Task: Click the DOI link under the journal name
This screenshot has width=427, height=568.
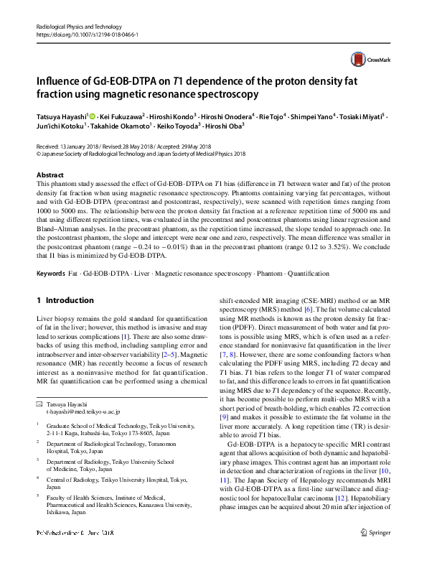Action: coord(87,34)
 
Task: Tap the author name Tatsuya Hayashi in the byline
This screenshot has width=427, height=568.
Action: coord(61,115)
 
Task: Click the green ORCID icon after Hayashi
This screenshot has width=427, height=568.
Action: coord(92,115)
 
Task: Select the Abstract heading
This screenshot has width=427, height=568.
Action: coord(50,175)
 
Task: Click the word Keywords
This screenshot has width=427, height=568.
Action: coord(51,274)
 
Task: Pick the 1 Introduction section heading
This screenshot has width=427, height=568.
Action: coord(65,300)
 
